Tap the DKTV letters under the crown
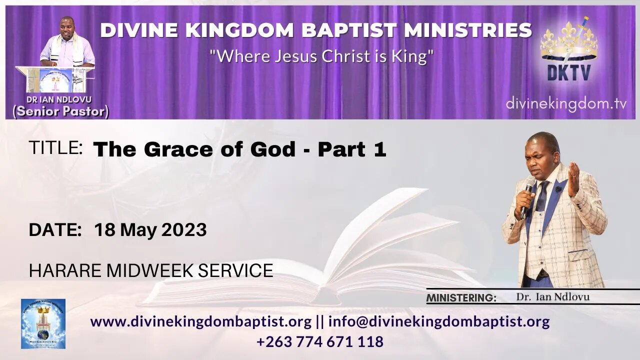pos(568,73)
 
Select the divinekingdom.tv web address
pos(566,104)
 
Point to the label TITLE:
pos(55,148)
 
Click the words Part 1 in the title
pos(352,149)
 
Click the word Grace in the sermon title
pos(174,149)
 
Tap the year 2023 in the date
pos(183,230)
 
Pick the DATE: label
pos(55,230)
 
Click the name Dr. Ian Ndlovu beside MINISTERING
pos(552,297)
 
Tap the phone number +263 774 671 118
pos(320,342)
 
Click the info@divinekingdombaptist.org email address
pos(439,321)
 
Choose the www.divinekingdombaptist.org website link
pos(201,321)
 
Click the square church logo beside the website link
pos(43,323)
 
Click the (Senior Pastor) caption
pos(60,111)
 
